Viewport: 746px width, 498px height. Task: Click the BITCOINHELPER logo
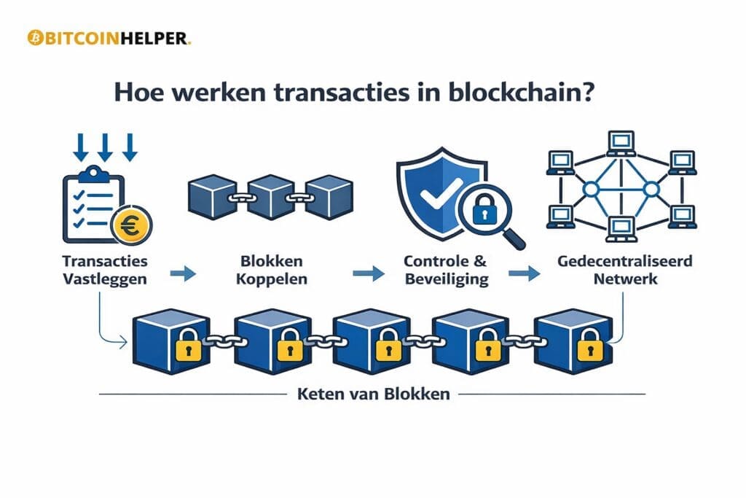(x=109, y=38)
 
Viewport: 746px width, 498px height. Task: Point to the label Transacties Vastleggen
(x=106, y=270)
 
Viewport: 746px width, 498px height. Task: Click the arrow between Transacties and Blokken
(x=186, y=274)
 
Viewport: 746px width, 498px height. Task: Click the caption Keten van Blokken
(x=373, y=395)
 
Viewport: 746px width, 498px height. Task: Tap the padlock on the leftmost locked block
(x=187, y=349)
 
